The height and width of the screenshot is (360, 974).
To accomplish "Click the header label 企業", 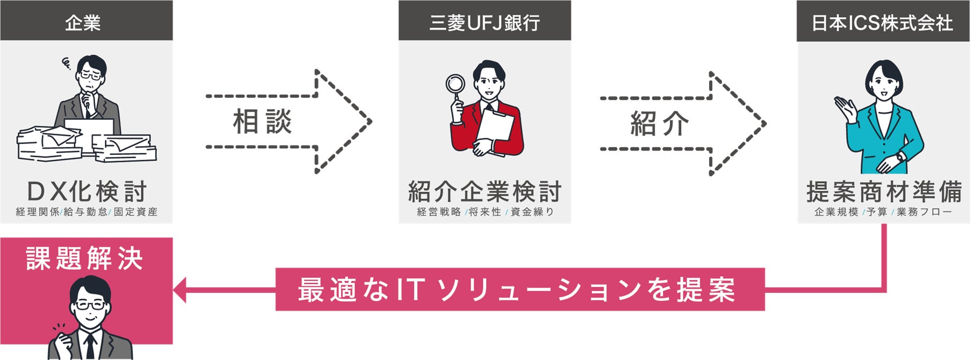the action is point(83,23).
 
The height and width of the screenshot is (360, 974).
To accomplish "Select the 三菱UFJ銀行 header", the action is point(484,23).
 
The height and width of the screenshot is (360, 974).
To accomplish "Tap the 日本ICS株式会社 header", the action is point(882,23).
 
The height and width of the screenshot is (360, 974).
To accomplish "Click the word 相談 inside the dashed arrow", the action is point(262,121).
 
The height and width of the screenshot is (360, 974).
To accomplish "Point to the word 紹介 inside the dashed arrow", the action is point(659,124).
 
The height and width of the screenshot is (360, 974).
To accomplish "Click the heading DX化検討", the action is point(86,192).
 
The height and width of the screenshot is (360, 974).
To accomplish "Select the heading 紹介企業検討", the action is point(485,192).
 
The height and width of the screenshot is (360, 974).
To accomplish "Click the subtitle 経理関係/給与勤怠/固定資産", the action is point(86,212).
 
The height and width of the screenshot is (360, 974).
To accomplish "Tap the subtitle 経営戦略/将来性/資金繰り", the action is point(485,212).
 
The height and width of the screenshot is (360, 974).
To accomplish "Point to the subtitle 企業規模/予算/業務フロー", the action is point(883,212).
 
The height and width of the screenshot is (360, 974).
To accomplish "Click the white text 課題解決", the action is point(84,258).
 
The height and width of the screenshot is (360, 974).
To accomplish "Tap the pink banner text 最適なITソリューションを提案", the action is point(517,290).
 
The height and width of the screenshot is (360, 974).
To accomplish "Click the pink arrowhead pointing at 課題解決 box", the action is point(179,290).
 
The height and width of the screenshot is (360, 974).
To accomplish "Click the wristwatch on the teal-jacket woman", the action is point(900,157).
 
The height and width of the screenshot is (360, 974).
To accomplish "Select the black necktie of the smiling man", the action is point(90,344).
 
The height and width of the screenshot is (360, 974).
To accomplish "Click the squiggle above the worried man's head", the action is point(67,64).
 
